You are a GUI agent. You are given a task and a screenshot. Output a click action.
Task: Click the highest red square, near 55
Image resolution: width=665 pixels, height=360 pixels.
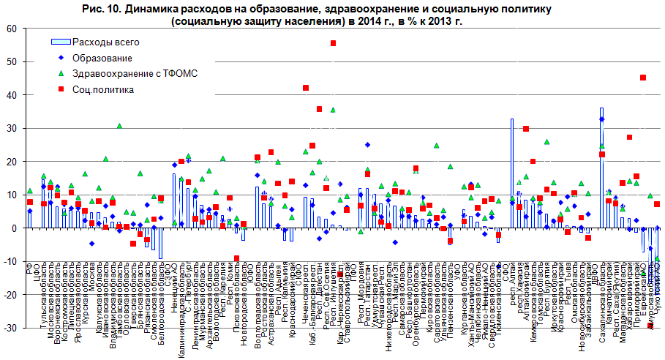point(333,43)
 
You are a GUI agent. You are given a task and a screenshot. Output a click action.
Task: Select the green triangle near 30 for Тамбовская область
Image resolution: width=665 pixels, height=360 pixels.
point(119,126)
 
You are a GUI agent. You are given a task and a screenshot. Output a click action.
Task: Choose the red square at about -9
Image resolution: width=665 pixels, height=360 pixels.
point(236,258)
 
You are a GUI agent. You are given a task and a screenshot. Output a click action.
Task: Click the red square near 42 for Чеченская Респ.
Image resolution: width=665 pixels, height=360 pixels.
point(305,88)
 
